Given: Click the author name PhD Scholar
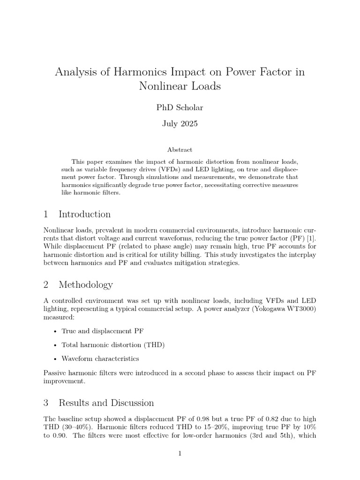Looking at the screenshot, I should coord(180,107).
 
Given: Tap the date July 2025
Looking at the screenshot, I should coord(180,124).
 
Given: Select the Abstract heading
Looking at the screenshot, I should coord(180,150).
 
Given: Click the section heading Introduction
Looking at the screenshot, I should coord(84,214).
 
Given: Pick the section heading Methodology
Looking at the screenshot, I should coord(85,285).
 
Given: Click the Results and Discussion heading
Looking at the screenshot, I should coord(106,403).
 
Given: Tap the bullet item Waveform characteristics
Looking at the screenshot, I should coord(100,359).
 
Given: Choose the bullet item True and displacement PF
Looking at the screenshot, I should coord(102,330).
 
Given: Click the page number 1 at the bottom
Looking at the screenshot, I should coord(180,453).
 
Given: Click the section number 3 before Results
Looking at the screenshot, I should coord(46,403).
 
